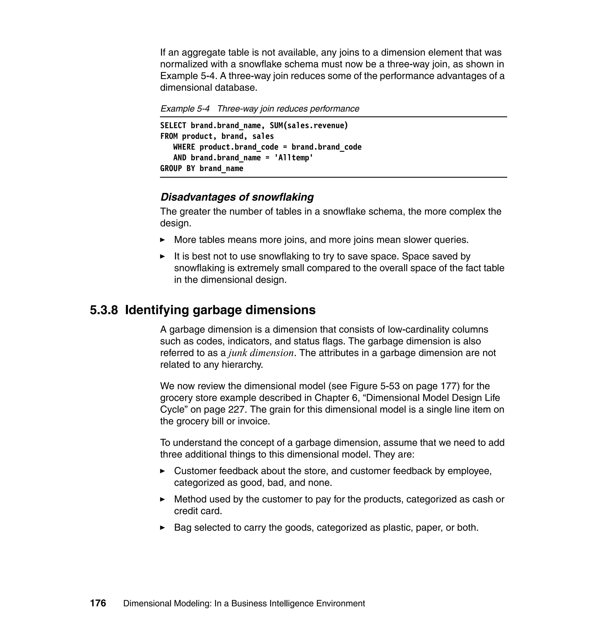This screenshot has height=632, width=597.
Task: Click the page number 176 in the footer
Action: pyautogui.click(x=98, y=603)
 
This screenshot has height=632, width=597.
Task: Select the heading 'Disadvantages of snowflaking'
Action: pyautogui.click(x=237, y=197)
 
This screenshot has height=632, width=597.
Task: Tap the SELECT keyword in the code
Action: pyautogui.click(x=173, y=126)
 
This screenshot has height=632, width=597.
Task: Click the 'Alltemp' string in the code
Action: pyautogui.click(x=294, y=158)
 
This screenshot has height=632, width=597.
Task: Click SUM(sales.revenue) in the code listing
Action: pyautogui.click(x=309, y=126)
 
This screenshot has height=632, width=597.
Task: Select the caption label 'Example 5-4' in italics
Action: pyautogui.click(x=185, y=109)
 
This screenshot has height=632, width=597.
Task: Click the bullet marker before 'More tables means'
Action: pyautogui.click(x=162, y=240)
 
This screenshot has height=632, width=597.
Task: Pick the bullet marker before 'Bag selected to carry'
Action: pyautogui.click(x=162, y=528)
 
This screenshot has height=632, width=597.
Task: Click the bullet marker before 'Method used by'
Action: pyautogui.click(x=162, y=499)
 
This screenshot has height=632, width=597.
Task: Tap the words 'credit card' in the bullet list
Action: pyautogui.click(x=198, y=511)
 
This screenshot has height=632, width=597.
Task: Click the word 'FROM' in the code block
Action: pyautogui.click(x=169, y=136)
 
